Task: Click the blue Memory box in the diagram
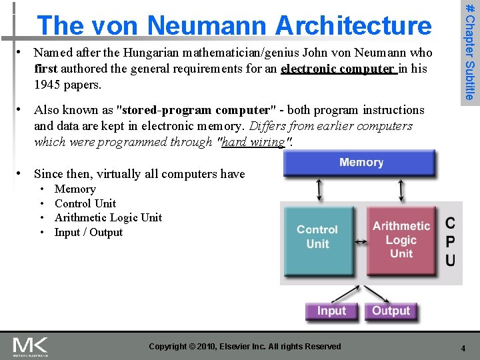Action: click(360, 163)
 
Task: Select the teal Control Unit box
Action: click(317, 237)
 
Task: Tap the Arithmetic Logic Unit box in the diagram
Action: click(401, 239)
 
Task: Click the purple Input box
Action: click(331, 311)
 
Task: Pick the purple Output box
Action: click(391, 311)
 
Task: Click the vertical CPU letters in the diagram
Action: click(451, 241)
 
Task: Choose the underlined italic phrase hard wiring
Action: click(254, 141)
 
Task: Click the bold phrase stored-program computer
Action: click(195, 109)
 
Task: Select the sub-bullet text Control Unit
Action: click(85, 203)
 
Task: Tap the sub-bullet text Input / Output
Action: click(89, 232)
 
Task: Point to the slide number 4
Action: click(462, 347)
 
